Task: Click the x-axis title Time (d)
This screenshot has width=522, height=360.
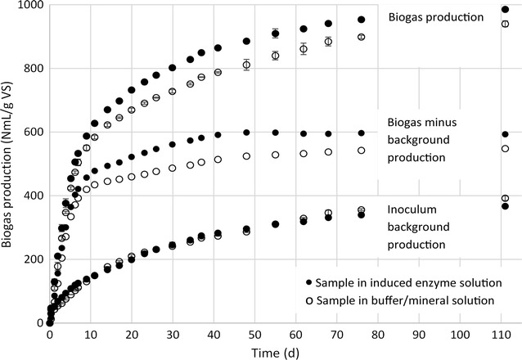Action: (x=277, y=353)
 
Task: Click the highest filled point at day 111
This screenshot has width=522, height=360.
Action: (x=505, y=9)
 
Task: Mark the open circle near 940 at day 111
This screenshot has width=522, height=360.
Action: (x=505, y=24)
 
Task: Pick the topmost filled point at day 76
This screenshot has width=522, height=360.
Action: (x=361, y=20)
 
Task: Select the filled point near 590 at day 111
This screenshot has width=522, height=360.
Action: (x=505, y=134)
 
